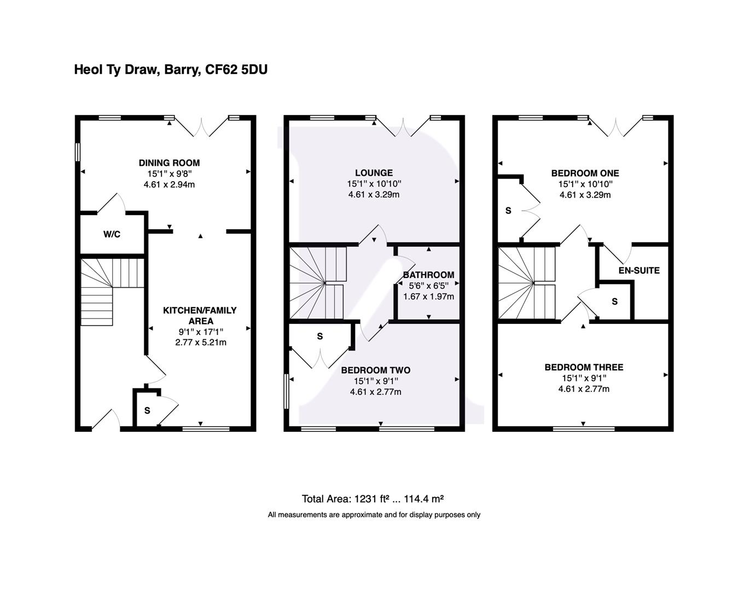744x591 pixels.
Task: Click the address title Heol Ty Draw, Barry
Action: tap(171, 69)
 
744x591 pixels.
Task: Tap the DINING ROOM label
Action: tap(169, 163)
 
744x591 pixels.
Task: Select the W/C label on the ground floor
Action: tap(112, 234)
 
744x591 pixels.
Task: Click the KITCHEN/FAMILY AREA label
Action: tap(200, 315)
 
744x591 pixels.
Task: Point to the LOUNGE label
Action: tap(374, 173)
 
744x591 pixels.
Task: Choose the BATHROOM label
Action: tap(428, 275)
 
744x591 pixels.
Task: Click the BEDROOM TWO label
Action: tap(375, 370)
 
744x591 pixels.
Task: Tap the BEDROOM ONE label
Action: tap(585, 173)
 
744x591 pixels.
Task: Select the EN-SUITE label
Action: tap(639, 270)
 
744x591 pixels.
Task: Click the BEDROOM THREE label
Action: tap(584, 367)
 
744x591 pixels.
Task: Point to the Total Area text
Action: tap(373, 499)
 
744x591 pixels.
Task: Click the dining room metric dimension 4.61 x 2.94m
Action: tap(169, 184)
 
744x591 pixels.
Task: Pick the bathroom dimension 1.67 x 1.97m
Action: tap(428, 297)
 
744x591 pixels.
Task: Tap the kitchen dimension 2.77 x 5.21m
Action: tap(200, 343)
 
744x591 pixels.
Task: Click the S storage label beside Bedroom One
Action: tap(508, 211)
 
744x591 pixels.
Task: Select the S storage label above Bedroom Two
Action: tap(319, 336)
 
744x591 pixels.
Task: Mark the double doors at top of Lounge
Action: tap(402, 127)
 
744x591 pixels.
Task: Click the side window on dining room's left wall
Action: tap(78, 152)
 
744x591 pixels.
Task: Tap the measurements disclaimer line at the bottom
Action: tap(374, 514)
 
